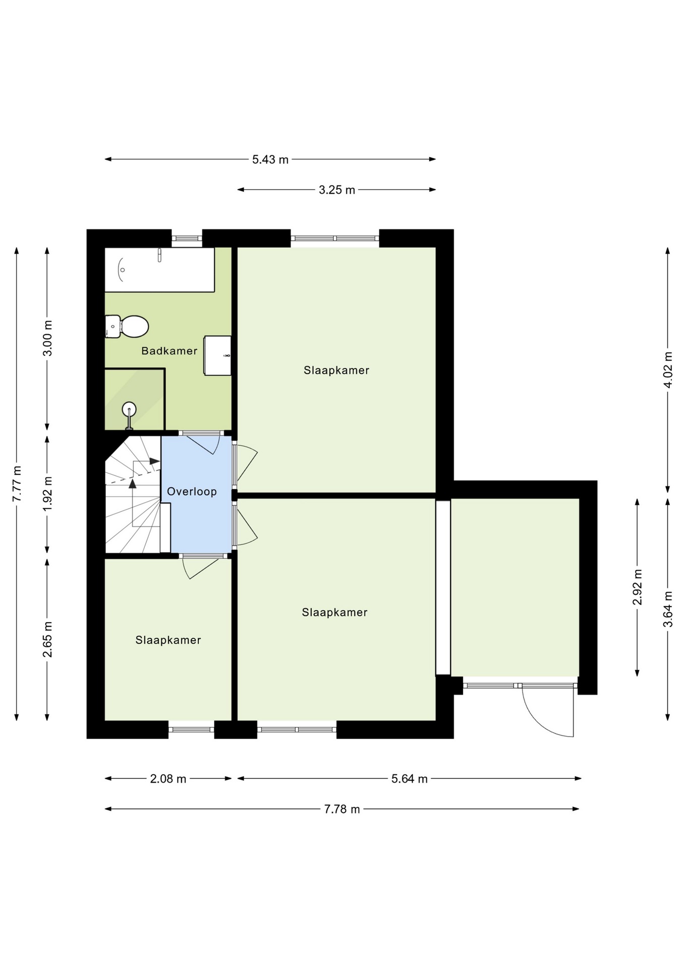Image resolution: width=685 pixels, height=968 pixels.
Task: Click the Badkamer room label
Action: coord(169,351)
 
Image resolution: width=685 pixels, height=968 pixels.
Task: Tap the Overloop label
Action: coord(192,492)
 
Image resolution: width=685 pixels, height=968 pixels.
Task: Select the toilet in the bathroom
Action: coord(127,327)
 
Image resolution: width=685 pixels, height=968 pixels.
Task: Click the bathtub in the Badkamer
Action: coord(159,269)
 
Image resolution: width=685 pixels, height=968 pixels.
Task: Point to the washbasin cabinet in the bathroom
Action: coord(217,355)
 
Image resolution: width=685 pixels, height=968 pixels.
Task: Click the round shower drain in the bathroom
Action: coord(129,408)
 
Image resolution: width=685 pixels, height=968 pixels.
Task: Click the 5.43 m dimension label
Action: coord(270,160)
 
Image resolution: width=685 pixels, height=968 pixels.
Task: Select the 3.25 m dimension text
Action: coord(337,190)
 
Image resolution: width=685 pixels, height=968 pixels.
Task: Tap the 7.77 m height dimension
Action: coord(17,483)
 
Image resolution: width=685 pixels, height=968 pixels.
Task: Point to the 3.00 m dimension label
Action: coord(47,338)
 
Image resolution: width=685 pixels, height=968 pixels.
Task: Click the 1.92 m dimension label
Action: coord(47,494)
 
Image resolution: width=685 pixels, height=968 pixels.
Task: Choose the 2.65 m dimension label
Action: coord(47,639)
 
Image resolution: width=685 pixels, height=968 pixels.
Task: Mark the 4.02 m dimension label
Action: coord(668,370)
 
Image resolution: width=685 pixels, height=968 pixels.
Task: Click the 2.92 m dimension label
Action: coord(638,587)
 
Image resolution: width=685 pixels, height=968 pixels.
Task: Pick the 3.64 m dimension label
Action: coord(668,609)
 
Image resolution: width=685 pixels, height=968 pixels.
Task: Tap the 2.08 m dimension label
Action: coord(168,779)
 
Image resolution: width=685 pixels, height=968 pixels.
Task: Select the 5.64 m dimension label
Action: coord(410,779)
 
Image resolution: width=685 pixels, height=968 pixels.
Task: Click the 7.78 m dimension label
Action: coord(342,809)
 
